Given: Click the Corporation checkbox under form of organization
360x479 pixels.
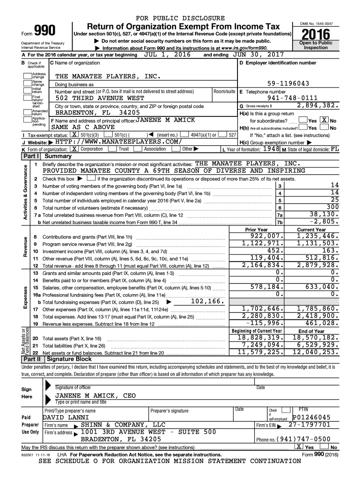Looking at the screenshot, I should click(74, 149).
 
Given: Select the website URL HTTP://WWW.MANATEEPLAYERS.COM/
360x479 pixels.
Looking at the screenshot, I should click(117, 142).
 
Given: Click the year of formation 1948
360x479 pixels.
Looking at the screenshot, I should click(270, 149).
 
